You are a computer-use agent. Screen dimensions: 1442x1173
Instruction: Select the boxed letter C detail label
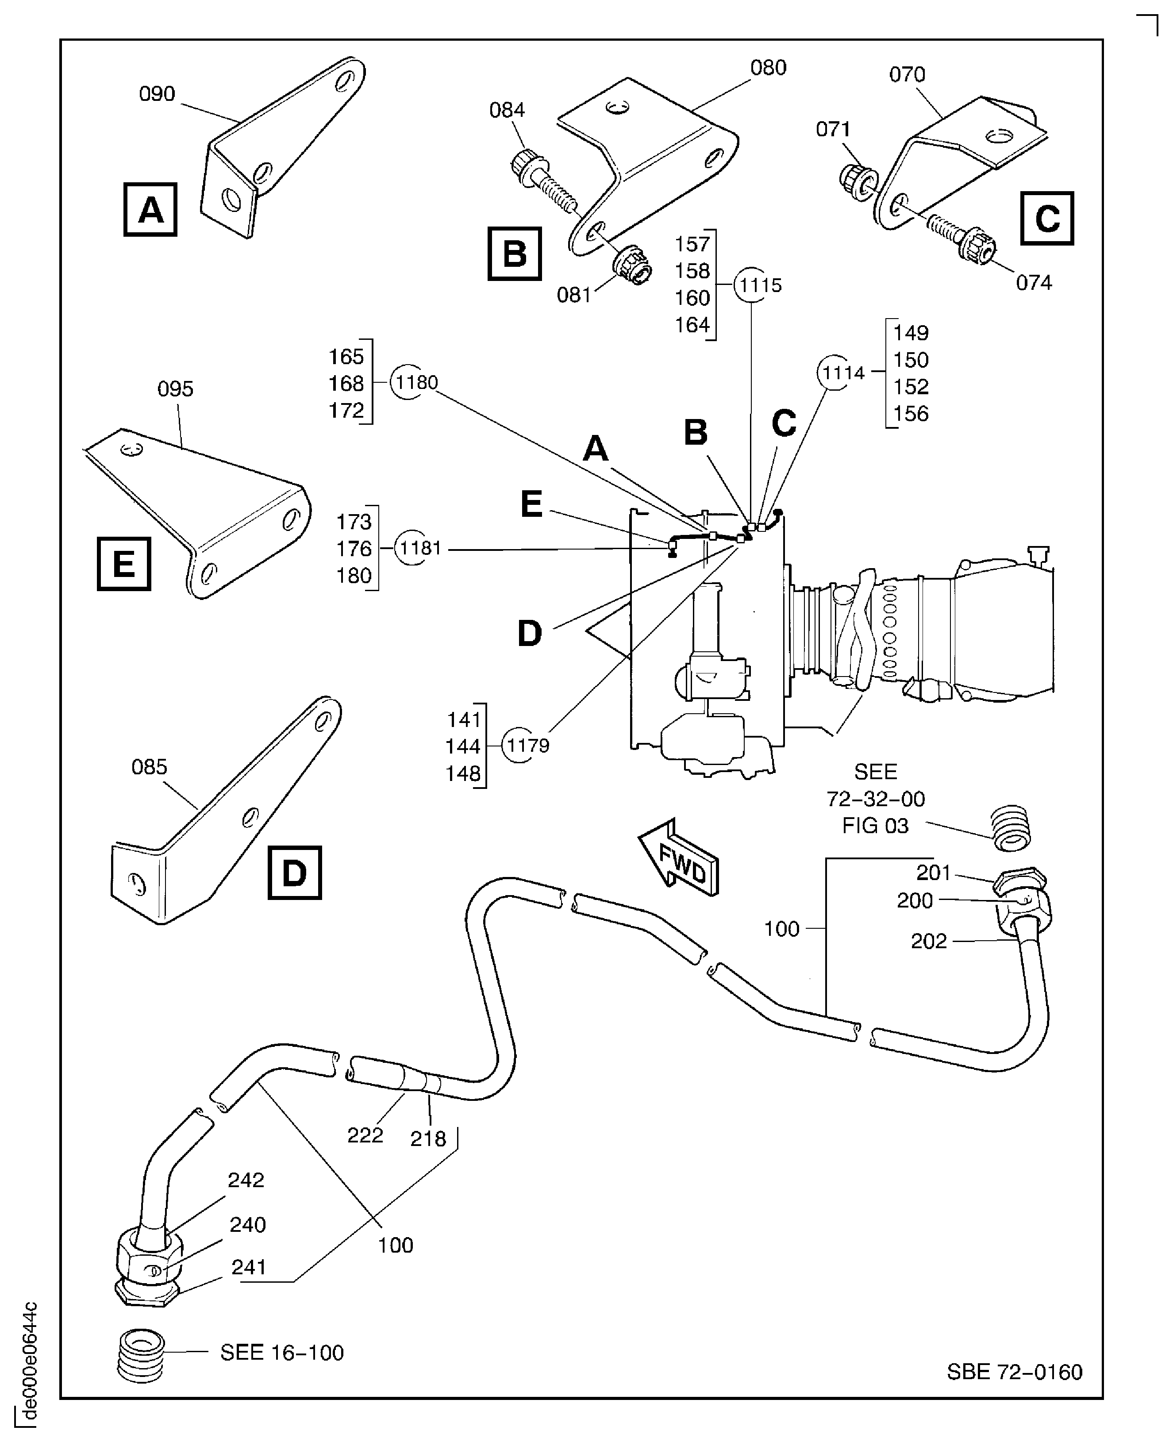[x=1046, y=218]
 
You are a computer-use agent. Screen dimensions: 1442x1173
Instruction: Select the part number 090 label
[x=157, y=94]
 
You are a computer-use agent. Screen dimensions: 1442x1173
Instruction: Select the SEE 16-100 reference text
[x=282, y=1352]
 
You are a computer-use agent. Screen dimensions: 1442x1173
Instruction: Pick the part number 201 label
[x=933, y=873]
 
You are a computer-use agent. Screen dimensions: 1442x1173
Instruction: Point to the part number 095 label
[x=175, y=389]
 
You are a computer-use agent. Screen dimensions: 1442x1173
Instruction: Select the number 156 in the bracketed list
[x=911, y=414]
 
